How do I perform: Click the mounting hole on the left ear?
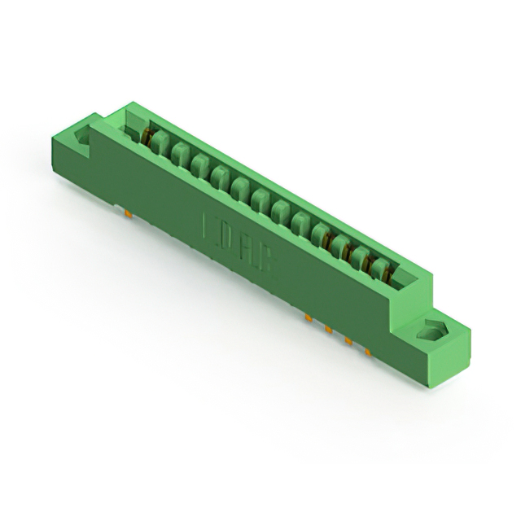tap(82, 138)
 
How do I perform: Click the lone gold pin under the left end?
tap(128, 213)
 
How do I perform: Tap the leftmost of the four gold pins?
tap(309, 317)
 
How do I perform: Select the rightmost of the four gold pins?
tap(367, 352)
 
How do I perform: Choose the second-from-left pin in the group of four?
tap(328, 329)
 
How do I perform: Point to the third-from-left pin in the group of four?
tap(348, 340)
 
